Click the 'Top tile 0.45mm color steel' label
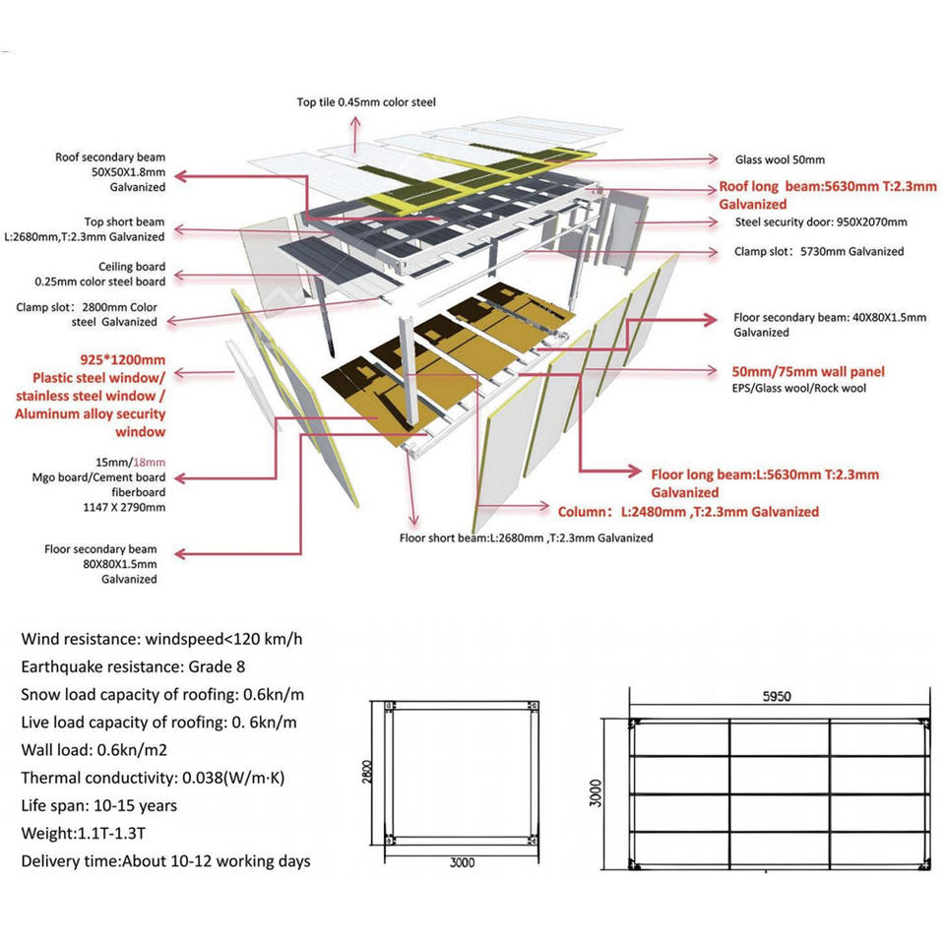(x=366, y=102)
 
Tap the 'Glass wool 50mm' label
(x=780, y=159)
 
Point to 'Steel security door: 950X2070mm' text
(x=821, y=221)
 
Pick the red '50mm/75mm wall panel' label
(x=808, y=371)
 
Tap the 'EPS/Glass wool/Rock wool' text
(x=799, y=388)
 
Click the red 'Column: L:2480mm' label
(x=688, y=512)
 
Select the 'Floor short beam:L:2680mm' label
(x=526, y=537)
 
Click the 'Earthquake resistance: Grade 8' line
(x=133, y=666)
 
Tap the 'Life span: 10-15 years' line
(x=98, y=805)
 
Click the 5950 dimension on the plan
(x=776, y=696)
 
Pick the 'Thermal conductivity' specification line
(x=153, y=778)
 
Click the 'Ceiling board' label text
(x=132, y=267)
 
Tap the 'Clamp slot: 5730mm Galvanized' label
(x=818, y=251)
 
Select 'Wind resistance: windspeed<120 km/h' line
(x=161, y=639)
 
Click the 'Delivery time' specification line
(x=165, y=861)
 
